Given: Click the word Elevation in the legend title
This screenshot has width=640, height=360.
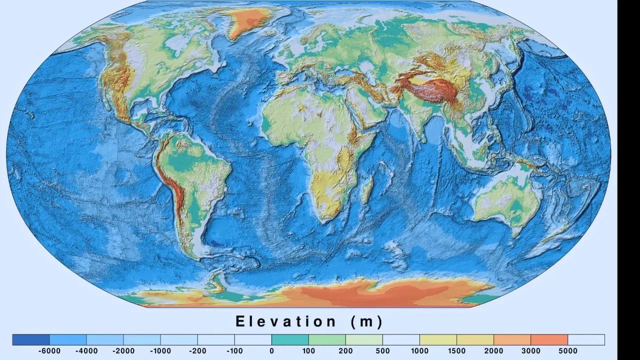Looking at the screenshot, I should pyautogui.click(x=286, y=321).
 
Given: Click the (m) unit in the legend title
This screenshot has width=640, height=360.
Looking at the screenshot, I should pyautogui.click(x=366, y=321).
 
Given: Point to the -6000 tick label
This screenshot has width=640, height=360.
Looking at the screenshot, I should pyautogui.click(x=49, y=351).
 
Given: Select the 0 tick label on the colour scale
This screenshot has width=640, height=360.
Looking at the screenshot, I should pyautogui.click(x=271, y=351).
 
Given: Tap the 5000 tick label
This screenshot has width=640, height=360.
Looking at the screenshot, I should pyautogui.click(x=567, y=351).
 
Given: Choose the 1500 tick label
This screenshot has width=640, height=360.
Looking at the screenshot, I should pyautogui.click(x=456, y=351).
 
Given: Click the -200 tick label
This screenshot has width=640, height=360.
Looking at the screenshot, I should pyautogui.click(x=197, y=351).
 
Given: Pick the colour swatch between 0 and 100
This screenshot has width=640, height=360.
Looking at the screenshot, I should pyautogui.click(x=290, y=340).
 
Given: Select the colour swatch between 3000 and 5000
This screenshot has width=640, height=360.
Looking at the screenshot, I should pyautogui.click(x=549, y=340).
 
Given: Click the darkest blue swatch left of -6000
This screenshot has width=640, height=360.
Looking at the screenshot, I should pyautogui.click(x=31, y=340).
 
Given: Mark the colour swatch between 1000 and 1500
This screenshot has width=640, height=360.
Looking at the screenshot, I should pyautogui.click(x=438, y=340).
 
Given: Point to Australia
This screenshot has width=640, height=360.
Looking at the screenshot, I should pyautogui.click(x=505, y=200).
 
